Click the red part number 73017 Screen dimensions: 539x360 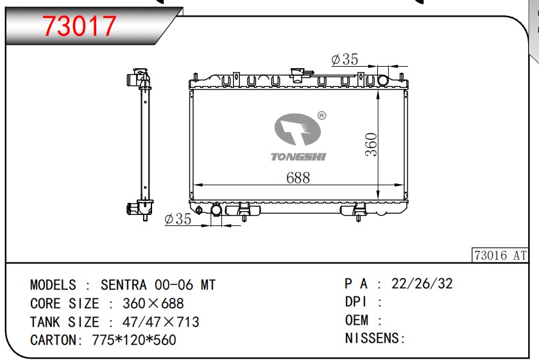[x=80, y=26]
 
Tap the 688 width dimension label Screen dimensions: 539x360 [x=298, y=178]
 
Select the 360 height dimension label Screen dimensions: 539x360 [x=372, y=145]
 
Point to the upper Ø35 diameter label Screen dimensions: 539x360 [x=345, y=59]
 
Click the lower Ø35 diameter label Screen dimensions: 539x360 [x=178, y=219]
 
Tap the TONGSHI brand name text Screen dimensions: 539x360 [x=298, y=157]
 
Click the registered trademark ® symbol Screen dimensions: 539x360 [x=321, y=116]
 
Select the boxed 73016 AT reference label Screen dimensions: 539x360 [x=500, y=255]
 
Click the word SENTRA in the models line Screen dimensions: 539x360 [x=124, y=285]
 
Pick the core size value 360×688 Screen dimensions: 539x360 [x=153, y=304]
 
